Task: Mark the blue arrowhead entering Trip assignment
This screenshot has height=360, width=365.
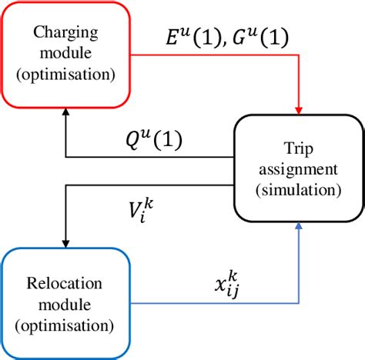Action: [x=298, y=228]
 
